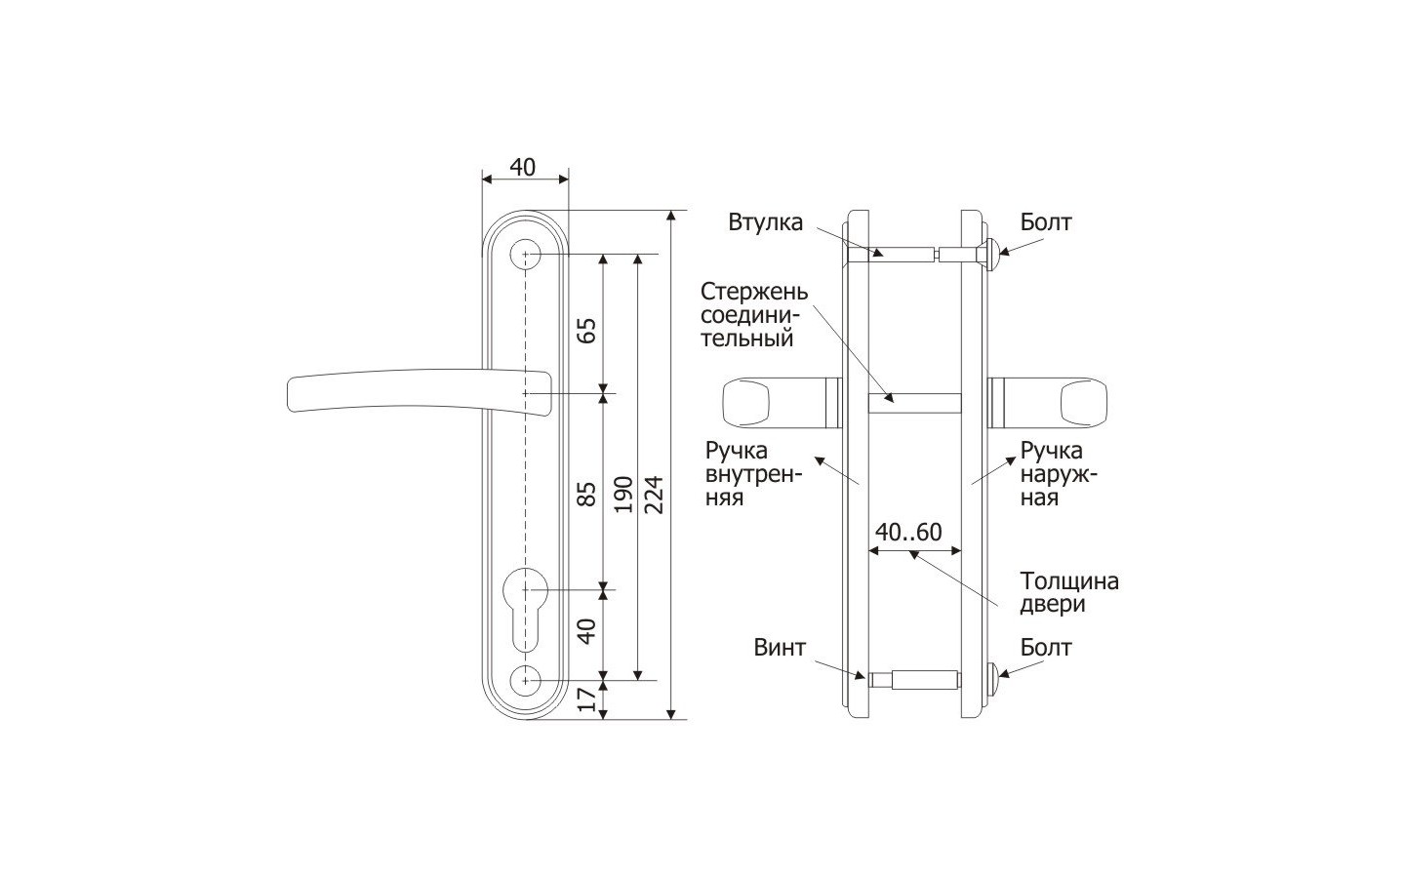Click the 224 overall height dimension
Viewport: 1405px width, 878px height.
point(654,495)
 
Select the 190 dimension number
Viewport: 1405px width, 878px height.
point(622,495)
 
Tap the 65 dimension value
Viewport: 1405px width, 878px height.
point(587,331)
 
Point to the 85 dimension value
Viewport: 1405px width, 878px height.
point(587,495)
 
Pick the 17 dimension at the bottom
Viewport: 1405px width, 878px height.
point(587,698)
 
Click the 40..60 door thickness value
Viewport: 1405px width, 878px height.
point(908,532)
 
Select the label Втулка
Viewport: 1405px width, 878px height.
point(765,222)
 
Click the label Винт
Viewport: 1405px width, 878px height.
point(780,647)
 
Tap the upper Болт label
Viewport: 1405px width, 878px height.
point(1046,221)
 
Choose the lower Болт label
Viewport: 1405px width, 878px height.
point(1046,647)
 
